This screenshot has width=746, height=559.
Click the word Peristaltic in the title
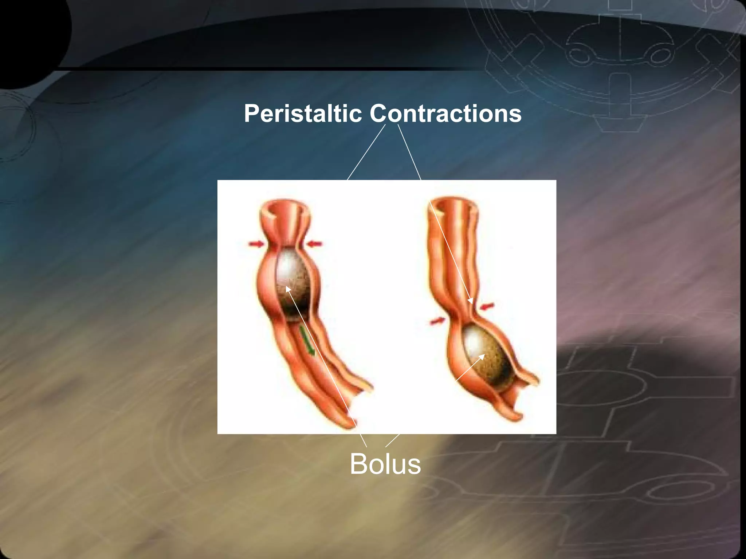tap(302, 114)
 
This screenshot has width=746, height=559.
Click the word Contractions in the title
tap(445, 114)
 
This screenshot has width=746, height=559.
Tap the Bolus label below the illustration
tap(385, 464)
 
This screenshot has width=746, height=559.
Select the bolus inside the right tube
tap(484, 357)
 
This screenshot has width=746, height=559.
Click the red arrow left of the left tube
tap(256, 243)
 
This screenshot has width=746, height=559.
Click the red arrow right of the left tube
tap(314, 243)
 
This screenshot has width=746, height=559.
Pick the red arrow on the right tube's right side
tap(487, 306)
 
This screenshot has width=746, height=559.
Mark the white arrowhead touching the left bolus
tap(288, 289)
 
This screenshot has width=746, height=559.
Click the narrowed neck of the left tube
tap(285, 244)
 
